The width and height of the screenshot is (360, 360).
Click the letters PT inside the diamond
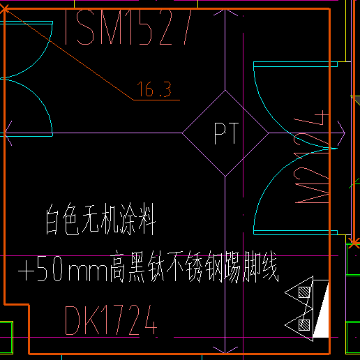tap(225, 133)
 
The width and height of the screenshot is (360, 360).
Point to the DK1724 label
tap(110, 320)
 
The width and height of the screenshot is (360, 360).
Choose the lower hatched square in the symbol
tap(303, 324)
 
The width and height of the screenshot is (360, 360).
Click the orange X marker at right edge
tap(354, 242)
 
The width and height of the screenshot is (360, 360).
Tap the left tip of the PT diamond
tap(183, 133)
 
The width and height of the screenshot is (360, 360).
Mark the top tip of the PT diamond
tap(225, 90)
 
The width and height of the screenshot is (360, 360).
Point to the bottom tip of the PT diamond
tap(225, 175)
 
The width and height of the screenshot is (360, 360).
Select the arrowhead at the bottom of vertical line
tap(225, 348)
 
